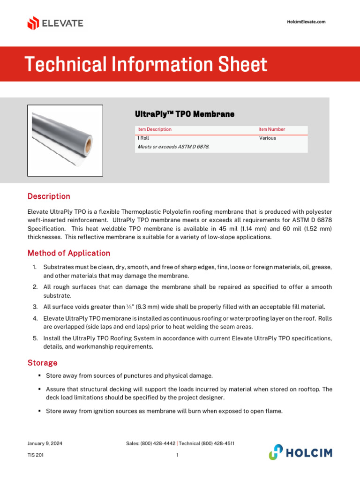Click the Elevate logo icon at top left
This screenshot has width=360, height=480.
click(33, 23)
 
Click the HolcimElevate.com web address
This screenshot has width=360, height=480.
click(306, 22)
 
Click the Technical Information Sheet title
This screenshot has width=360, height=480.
click(146, 64)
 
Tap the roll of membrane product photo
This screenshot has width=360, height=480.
click(65, 140)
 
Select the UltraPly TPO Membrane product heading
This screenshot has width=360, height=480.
click(184, 114)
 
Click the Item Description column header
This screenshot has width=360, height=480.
click(154, 129)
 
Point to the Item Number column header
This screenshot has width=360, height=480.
click(271, 129)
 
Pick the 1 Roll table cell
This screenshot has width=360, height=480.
click(143, 138)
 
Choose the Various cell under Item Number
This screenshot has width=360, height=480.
click(268, 138)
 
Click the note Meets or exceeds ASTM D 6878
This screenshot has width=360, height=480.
click(173, 147)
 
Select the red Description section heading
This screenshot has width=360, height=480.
click(49, 196)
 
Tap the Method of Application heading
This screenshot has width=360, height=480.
click(69, 253)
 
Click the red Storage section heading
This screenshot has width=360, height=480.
click(42, 363)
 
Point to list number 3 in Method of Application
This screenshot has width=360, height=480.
click(35, 307)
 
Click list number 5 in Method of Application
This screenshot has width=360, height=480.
click(35, 338)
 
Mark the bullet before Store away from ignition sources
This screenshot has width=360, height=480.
click(40, 411)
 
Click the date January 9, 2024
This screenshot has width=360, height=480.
click(45, 443)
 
